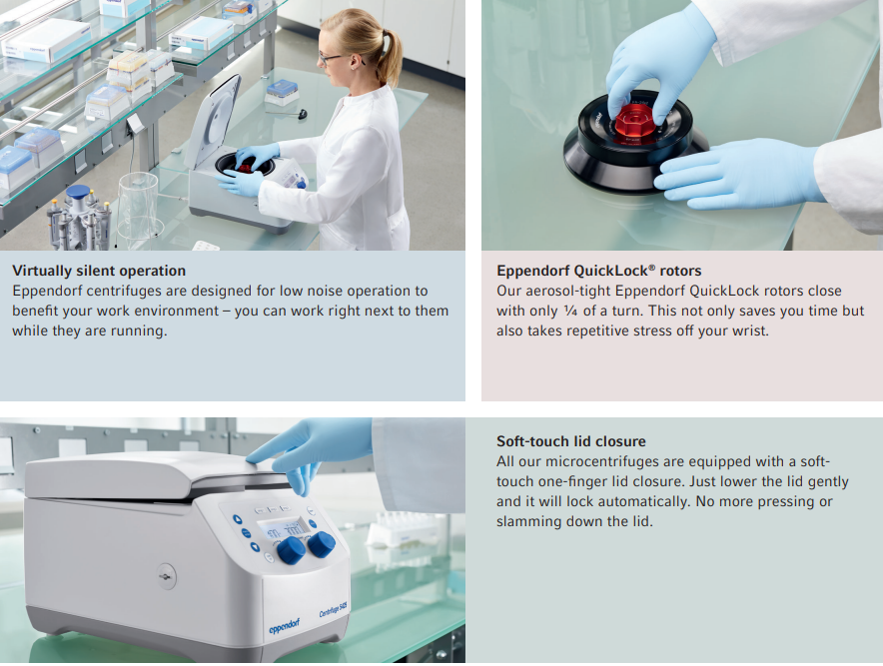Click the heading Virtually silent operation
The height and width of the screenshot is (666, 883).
click(99, 271)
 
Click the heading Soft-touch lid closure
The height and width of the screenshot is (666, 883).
click(571, 441)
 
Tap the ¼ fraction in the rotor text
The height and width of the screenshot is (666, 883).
click(570, 311)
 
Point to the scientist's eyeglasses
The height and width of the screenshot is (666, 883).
click(332, 58)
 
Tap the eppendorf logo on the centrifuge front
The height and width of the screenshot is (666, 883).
click(285, 625)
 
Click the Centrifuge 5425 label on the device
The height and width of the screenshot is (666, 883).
click(334, 609)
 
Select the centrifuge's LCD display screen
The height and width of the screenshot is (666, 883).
click(285, 530)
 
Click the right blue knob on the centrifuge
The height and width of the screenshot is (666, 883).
click(322, 544)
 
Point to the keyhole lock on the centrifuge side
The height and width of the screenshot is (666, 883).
click(166, 576)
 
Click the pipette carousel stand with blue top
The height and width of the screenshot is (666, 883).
click(79, 220)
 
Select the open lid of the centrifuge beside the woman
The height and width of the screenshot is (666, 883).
click(213, 121)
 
